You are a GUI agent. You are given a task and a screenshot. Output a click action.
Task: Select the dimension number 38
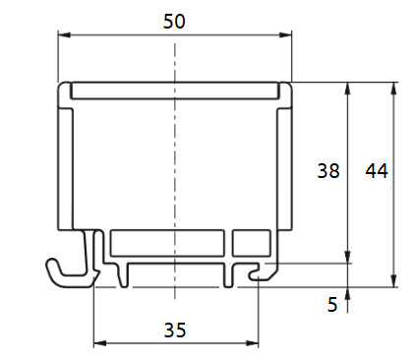coord(328,170)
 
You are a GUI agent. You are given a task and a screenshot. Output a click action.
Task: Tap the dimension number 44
coord(376,170)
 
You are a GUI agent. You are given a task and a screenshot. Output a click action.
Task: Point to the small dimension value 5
coord(332,305)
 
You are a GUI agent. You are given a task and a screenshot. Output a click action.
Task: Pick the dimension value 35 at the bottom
coord(174,330)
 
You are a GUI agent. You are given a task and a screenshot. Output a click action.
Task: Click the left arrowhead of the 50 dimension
coord(63,35)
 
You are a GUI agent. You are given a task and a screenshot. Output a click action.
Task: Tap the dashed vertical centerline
coord(174,167)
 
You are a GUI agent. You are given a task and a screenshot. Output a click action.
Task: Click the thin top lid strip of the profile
coord(174,91)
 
